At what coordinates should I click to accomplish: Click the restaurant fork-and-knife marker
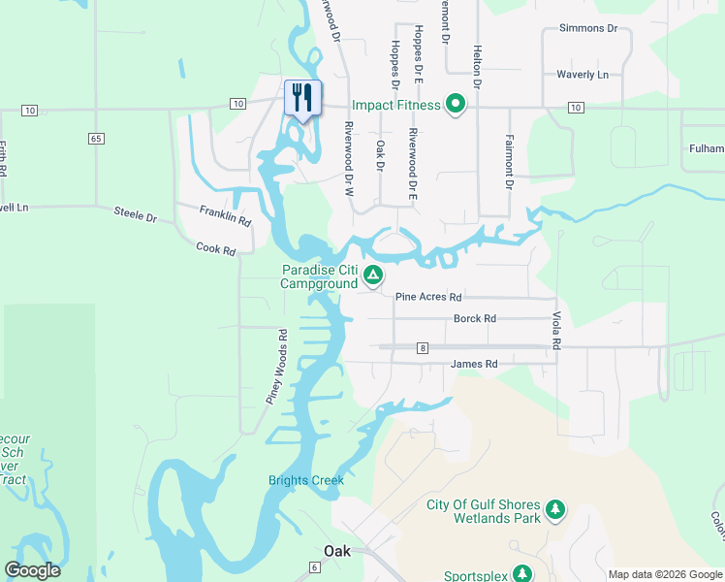tap(302, 98)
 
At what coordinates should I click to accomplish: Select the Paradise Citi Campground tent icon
tap(372, 276)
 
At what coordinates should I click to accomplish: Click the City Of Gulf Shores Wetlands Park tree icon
tap(555, 510)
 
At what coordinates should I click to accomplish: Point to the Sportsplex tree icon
tap(521, 574)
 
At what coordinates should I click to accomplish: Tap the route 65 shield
tap(95, 139)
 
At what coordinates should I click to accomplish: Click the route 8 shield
tap(423, 347)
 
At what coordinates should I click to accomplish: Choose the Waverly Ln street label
tap(583, 75)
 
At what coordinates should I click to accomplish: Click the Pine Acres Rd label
tap(428, 297)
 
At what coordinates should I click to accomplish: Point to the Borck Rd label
tap(475, 318)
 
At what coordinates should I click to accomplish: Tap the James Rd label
tap(474, 364)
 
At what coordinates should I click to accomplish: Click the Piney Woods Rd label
tap(277, 367)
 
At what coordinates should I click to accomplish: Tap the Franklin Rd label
tap(225, 215)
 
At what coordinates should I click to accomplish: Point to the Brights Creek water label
tap(306, 480)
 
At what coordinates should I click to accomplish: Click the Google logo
tap(32, 570)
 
